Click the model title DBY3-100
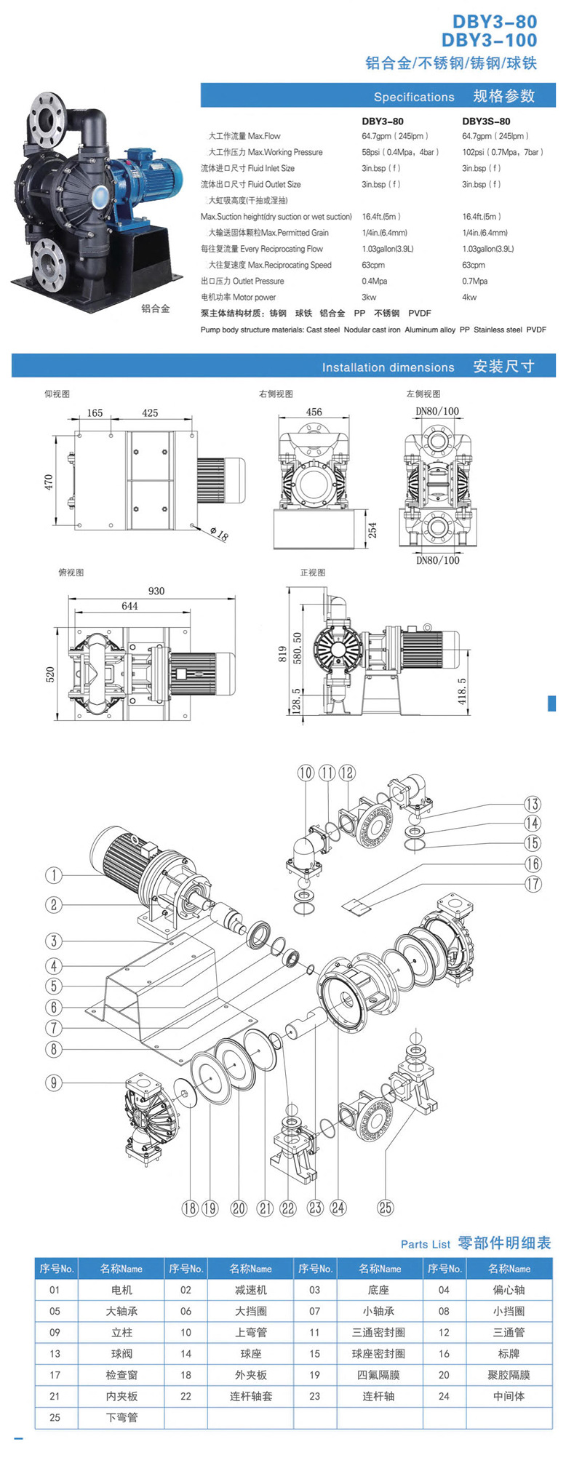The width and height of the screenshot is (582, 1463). (489, 41)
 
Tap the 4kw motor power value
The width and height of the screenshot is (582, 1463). (469, 297)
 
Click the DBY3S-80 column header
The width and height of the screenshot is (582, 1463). (486, 121)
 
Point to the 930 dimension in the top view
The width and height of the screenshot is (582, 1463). (156, 591)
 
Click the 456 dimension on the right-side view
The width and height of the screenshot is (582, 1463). (314, 412)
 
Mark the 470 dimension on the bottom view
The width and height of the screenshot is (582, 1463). (49, 481)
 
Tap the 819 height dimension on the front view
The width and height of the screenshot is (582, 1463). (282, 653)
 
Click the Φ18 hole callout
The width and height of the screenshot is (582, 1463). (219, 535)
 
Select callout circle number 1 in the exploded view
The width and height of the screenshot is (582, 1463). (53, 874)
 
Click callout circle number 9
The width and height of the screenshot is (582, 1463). (53, 1083)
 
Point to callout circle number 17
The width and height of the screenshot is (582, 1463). (533, 883)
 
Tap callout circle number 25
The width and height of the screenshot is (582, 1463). (385, 1208)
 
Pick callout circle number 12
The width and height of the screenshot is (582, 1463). (347, 773)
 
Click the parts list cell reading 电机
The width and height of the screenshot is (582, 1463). (121, 1290)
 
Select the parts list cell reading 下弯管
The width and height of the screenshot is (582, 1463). (121, 1417)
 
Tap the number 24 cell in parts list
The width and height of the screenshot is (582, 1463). (444, 1396)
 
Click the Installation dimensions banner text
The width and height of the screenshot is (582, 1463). (388, 367)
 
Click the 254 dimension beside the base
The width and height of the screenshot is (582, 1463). (372, 530)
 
